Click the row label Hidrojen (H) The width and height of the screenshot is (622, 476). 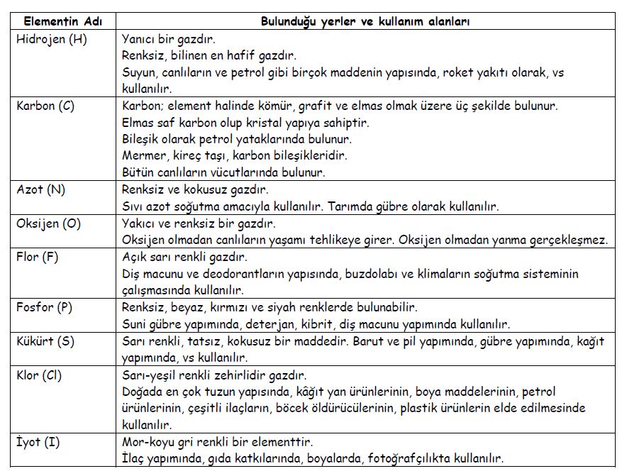(51, 40)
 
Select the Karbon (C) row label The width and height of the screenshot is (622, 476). (45, 106)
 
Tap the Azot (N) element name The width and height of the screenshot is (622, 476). (41, 190)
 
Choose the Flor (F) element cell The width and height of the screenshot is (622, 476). (37, 257)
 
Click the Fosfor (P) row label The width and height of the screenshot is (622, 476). (44, 307)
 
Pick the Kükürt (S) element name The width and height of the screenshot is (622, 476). (45, 341)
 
